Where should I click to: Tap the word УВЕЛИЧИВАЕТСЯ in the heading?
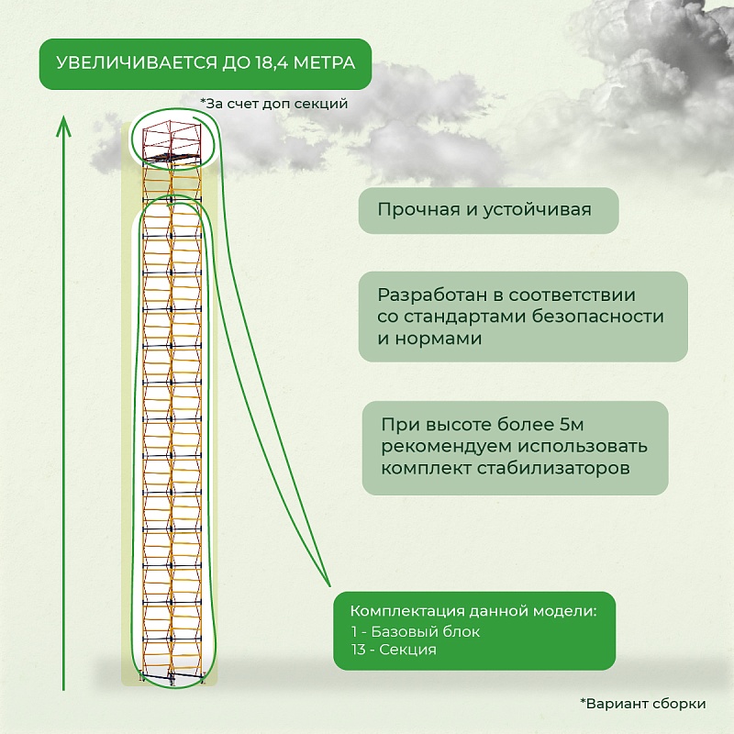[137, 62]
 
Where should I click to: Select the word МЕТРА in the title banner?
[325, 62]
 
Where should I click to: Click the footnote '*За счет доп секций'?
[274, 104]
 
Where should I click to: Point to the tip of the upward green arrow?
[63, 117]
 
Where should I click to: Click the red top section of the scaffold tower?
[172, 141]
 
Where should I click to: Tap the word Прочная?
[418, 210]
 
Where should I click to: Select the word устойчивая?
[537, 210]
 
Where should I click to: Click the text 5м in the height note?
[572, 425]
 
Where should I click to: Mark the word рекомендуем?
[446, 447]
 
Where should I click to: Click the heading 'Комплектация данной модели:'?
[473, 611]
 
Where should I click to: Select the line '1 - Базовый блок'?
[416, 632]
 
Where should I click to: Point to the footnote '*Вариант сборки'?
[643, 704]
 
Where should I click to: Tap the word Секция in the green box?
[407, 650]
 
